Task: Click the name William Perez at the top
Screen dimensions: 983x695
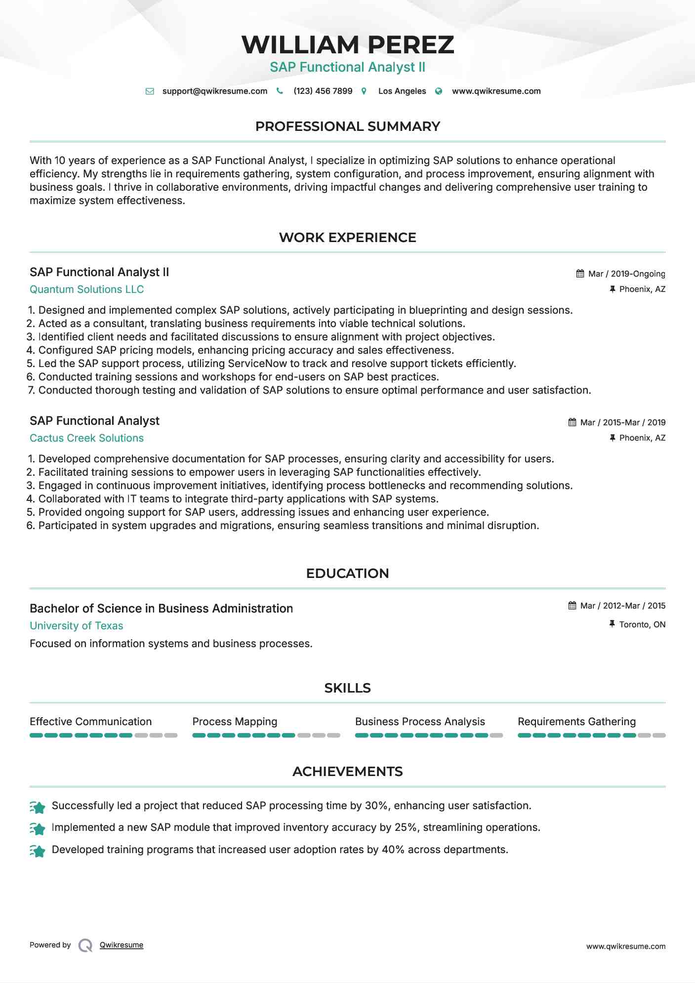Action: (x=347, y=44)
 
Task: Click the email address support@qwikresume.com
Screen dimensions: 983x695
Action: (x=214, y=91)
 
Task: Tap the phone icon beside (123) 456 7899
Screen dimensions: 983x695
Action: (x=280, y=91)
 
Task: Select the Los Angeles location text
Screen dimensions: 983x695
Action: (x=402, y=91)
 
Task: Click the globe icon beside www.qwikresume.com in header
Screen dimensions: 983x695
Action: (x=439, y=91)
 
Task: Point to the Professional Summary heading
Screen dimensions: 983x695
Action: (x=347, y=126)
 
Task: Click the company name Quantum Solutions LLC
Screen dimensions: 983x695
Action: (x=86, y=289)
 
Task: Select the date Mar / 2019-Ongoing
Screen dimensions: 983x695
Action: (x=626, y=274)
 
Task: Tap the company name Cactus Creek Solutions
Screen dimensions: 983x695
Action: (x=86, y=438)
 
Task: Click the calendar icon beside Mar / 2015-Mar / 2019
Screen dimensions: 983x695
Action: (x=572, y=422)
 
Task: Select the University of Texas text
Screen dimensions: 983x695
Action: (x=76, y=626)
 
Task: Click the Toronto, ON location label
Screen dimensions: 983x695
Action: (x=642, y=624)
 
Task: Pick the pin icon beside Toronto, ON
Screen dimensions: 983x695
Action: (x=612, y=624)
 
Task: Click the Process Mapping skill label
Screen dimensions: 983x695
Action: (x=235, y=722)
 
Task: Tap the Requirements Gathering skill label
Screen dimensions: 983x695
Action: (x=576, y=722)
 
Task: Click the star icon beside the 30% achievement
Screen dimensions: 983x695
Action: (x=38, y=807)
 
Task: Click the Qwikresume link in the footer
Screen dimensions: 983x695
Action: (x=121, y=945)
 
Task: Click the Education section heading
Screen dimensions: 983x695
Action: (x=347, y=573)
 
